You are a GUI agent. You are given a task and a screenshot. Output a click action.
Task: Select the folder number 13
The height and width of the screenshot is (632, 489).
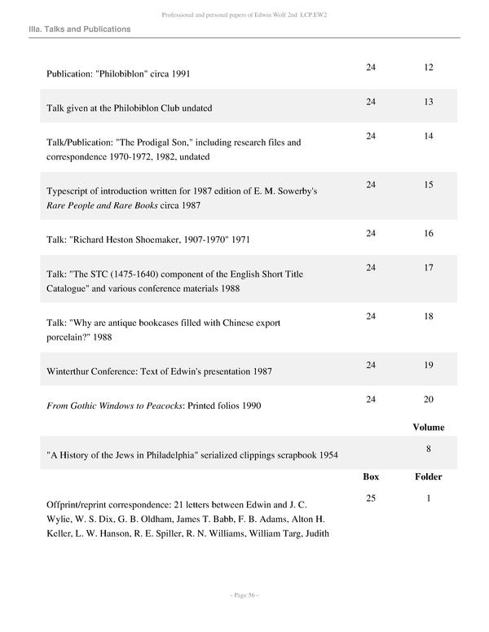click(x=429, y=101)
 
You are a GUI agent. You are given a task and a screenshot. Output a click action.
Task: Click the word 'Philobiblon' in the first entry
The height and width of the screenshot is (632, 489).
click(x=126, y=73)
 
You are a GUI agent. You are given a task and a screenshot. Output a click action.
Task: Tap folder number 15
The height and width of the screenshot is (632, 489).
click(x=429, y=185)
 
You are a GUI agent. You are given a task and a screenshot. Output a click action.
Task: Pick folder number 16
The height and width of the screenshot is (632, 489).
click(x=429, y=233)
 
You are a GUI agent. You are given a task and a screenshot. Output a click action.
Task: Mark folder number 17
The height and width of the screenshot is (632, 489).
click(x=429, y=267)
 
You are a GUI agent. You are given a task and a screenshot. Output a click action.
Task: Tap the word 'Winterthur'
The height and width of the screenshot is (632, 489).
click(x=72, y=371)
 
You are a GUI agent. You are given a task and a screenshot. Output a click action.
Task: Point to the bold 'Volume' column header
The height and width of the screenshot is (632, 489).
click(x=429, y=427)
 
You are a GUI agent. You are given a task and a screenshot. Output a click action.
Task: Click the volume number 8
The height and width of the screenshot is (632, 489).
click(x=429, y=448)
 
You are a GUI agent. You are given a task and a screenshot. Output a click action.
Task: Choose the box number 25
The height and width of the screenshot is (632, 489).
click(x=371, y=498)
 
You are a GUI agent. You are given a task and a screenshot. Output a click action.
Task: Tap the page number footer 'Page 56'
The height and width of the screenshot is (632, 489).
click(x=244, y=596)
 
